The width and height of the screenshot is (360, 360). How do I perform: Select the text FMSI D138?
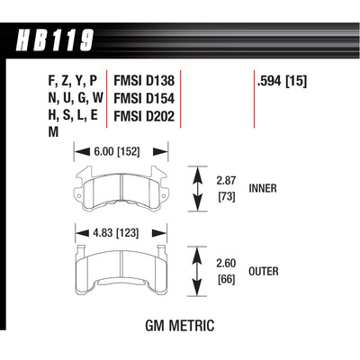pos(143,80)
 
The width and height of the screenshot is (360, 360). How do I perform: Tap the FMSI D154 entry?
pos(143,98)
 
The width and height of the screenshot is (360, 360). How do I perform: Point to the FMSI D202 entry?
pos(143,116)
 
